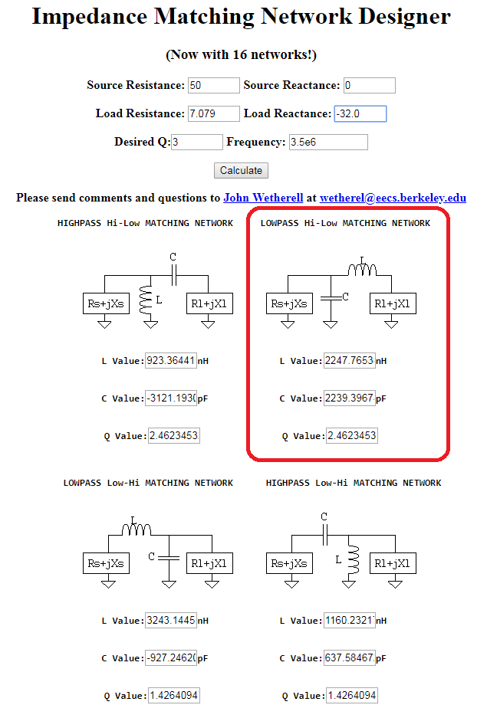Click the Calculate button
241,170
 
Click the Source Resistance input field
213,85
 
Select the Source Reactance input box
369,85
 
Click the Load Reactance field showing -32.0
360,113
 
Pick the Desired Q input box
196,142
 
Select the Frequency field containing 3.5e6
327,142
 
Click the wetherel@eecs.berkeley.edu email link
393,198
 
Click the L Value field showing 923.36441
171,360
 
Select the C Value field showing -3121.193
171,398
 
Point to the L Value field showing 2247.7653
349,360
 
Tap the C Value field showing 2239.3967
349,398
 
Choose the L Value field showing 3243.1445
171,620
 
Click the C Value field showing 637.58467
349,657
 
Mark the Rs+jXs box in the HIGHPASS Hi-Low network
105,303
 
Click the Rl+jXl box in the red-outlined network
391,303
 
